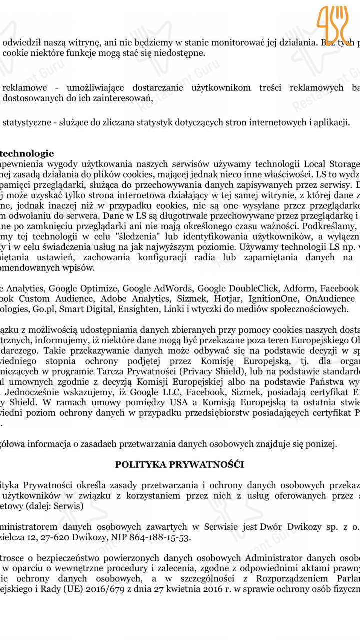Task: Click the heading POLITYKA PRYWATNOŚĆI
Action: [179, 464]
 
